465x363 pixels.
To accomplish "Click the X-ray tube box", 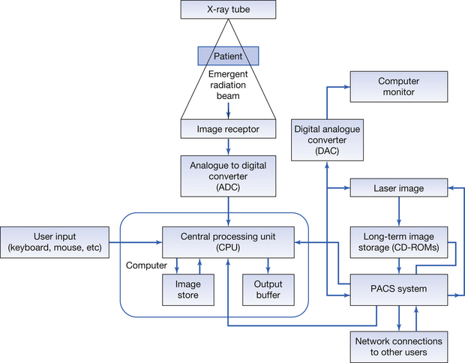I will click(x=228, y=10).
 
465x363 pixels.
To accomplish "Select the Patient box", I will click(x=228, y=55).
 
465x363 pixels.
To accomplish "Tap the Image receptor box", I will click(x=228, y=129).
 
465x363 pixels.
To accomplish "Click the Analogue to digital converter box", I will click(x=228, y=174).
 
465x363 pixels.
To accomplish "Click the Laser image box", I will click(x=397, y=189).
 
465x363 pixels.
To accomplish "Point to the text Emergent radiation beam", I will click(x=228, y=85).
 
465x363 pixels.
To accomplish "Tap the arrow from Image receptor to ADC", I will click(x=228, y=146).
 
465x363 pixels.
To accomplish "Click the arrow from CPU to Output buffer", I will click(x=268, y=265).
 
